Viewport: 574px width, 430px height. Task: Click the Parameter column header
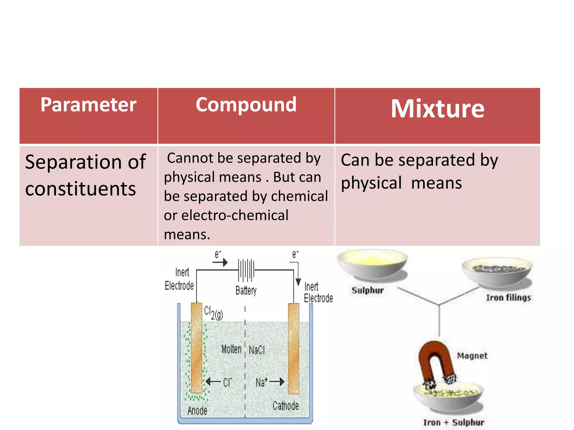click(88, 105)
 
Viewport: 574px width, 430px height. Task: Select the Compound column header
click(246, 105)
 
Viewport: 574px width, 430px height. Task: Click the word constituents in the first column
click(80, 189)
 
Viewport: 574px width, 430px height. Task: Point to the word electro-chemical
click(235, 215)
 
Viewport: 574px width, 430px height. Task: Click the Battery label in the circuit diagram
click(246, 290)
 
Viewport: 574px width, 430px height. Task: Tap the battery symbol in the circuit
click(246, 270)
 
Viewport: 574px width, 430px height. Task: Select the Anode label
click(197, 410)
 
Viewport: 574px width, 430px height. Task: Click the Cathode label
click(286, 406)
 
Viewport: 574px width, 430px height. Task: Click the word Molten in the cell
click(231, 349)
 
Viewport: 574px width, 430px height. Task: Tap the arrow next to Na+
click(277, 382)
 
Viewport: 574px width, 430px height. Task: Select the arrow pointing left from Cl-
click(213, 381)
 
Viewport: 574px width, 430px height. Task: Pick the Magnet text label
click(472, 356)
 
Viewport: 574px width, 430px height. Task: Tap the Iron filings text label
click(508, 298)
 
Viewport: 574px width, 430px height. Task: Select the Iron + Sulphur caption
click(453, 422)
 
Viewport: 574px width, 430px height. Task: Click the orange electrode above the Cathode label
click(293, 350)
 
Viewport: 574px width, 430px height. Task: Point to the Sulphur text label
click(367, 290)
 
